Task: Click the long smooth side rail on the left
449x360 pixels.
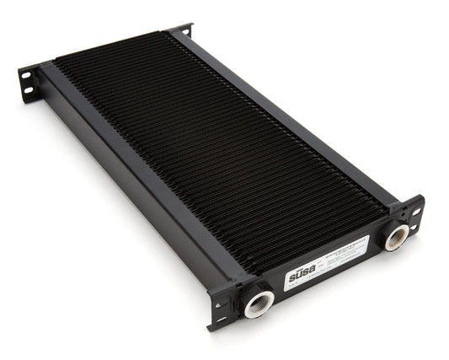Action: [x=135, y=181]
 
